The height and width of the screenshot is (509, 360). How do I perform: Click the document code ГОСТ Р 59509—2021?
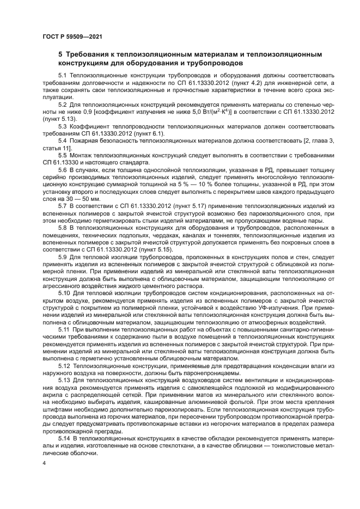pyautogui.click(x=72, y=36)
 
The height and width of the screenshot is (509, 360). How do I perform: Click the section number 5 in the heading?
pyautogui.click(x=60, y=54)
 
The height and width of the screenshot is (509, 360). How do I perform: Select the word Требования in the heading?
pyautogui.click(x=88, y=54)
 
